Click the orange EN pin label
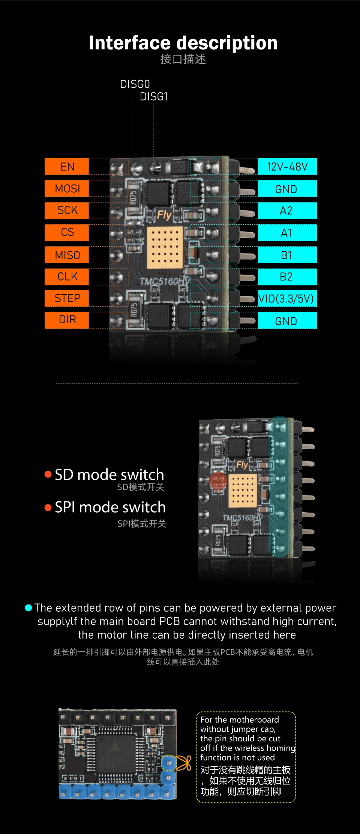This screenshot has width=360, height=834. pos(67,166)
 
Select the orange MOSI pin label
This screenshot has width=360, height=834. pos(67,188)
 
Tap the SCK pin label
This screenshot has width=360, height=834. pos(67,210)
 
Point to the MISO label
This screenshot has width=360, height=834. pos(67,255)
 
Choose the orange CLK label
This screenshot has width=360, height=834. pos(67,277)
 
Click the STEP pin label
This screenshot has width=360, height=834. pos(67,298)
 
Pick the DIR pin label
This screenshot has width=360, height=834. pos(67,320)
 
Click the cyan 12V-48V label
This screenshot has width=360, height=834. pos(287,166)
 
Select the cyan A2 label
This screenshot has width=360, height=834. pos(287,210)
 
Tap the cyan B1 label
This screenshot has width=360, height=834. pos(287,255)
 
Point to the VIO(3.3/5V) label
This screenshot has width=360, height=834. pos(286,298)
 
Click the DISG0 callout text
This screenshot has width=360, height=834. pos(135,84)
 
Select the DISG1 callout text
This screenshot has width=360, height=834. pos(153,97)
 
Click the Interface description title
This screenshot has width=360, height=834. pos(183,43)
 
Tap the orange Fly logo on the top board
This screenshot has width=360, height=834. pos(164,215)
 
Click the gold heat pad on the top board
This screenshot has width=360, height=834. pos(165,247)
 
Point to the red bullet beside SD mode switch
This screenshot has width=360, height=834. pos(48,474)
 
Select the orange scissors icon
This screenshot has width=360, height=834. pos(184,763)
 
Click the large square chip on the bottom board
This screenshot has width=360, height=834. pos(116,754)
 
